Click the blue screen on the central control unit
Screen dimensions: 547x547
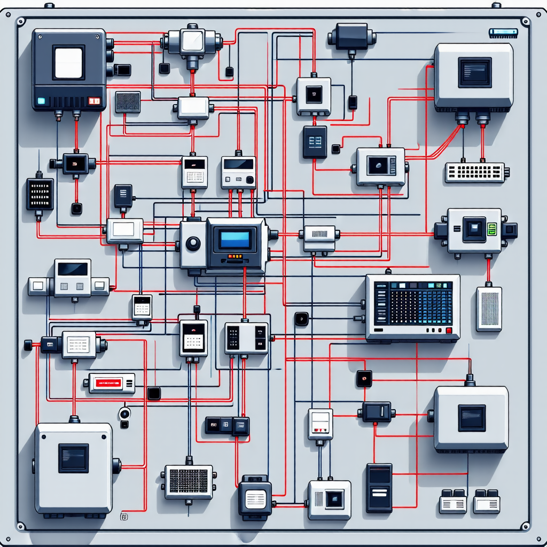tap(235, 239)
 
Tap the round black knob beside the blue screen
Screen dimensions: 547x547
tap(193, 244)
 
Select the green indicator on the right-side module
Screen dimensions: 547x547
tap(492, 229)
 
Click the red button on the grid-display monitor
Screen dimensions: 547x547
tap(449, 331)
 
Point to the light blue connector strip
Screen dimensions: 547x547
tap(503, 33)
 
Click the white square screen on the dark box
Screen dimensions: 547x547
tap(68, 62)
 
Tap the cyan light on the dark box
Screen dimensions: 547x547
tap(41, 100)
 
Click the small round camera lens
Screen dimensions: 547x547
tap(125, 413)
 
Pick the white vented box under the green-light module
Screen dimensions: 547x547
tap(489, 309)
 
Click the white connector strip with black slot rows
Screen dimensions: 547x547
tap(475, 172)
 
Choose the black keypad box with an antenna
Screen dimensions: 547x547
tap(40, 193)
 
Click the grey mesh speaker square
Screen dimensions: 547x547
tap(128, 101)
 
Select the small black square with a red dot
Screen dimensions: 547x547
tap(364, 379)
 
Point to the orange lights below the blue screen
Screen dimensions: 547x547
tap(234, 256)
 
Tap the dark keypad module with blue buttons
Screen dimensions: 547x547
tap(315, 141)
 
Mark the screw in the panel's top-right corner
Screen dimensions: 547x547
tap(525, 22)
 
